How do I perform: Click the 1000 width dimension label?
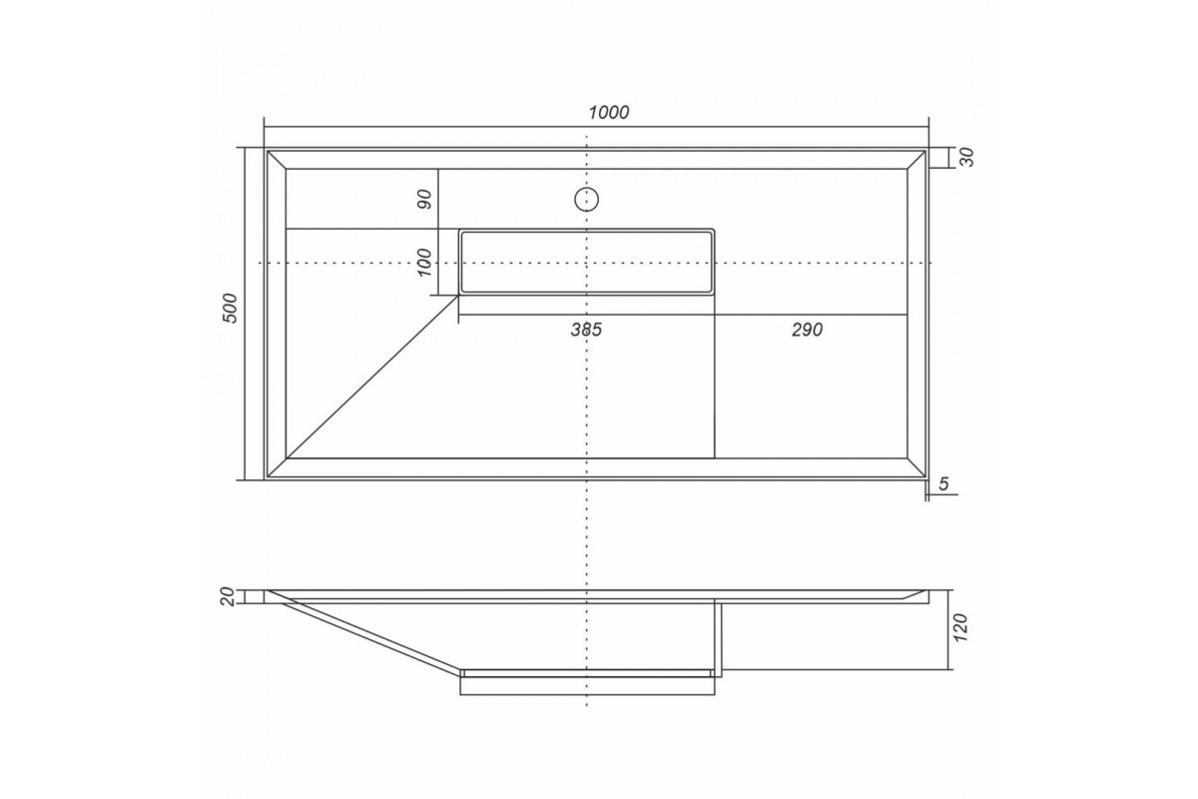[x=609, y=113]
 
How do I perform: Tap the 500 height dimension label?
[x=230, y=308]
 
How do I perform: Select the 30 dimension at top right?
[x=967, y=158]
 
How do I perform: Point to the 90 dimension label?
[x=424, y=199]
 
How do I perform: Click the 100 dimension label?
[x=424, y=263]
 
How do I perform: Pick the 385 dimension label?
[x=586, y=330]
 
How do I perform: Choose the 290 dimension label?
[x=807, y=330]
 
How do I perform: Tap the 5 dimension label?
[x=943, y=483]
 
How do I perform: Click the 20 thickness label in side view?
[x=229, y=596]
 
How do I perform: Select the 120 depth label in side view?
[x=960, y=628]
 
